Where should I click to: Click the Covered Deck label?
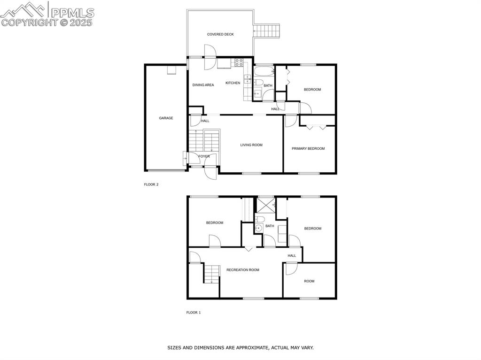tap(220, 34)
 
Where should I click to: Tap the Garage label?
tap(166, 118)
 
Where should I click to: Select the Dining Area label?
tap(203, 85)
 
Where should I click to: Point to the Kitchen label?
tap(233, 83)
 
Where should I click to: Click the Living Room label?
tap(251, 145)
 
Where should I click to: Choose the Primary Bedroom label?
tap(308, 149)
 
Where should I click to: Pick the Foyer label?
tap(204, 156)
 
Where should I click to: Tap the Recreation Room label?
tap(243, 270)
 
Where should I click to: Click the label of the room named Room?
tap(309, 281)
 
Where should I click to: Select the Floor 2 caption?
tap(151, 184)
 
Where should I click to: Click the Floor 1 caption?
tap(194, 313)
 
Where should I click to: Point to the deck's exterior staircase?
tap(267, 31)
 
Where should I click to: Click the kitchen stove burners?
tap(239, 61)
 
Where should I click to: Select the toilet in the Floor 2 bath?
tap(258, 83)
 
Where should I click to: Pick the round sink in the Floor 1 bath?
tap(258, 229)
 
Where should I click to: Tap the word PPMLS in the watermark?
tap(72, 13)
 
